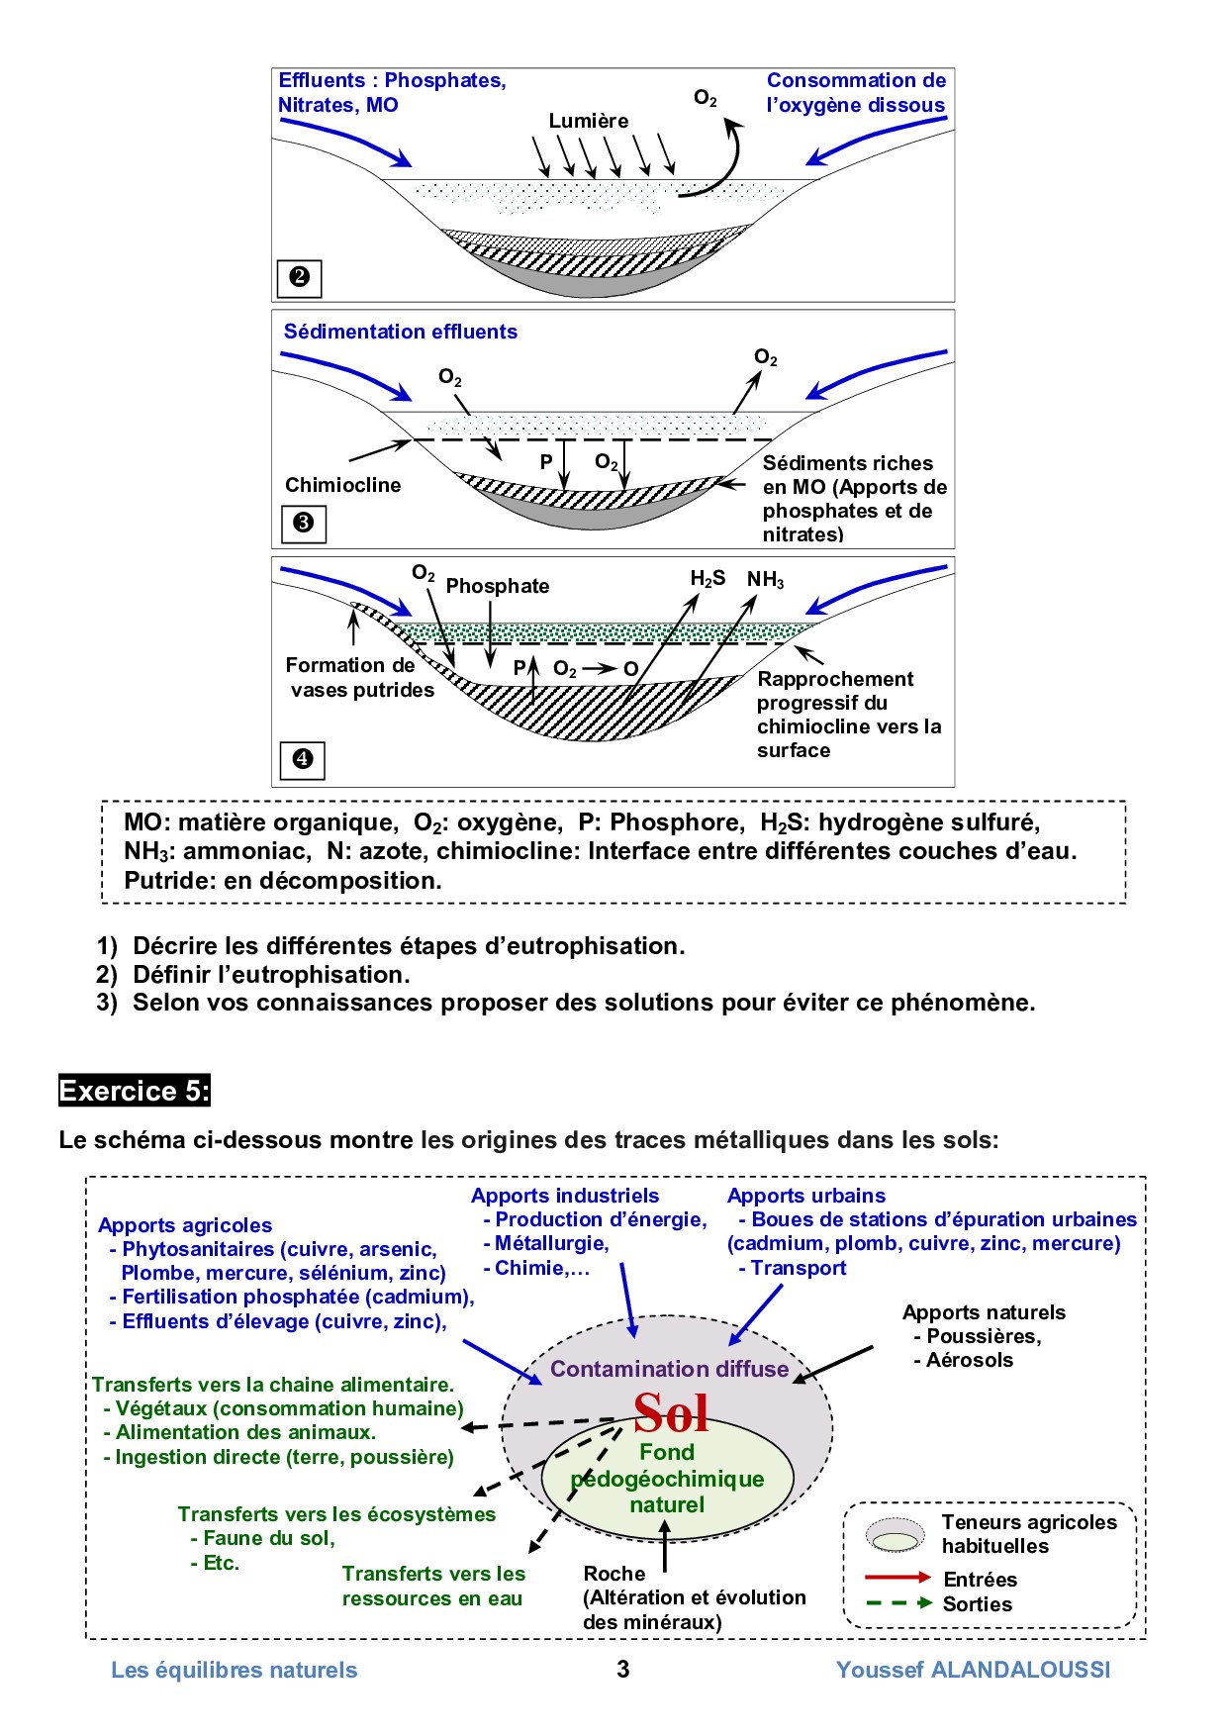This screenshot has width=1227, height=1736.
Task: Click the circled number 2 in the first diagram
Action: click(299, 278)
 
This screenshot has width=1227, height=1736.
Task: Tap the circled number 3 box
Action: click(304, 523)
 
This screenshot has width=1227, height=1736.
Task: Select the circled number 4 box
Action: click(303, 760)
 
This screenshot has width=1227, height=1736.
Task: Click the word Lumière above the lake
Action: click(589, 121)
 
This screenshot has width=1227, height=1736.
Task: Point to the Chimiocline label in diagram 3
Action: click(342, 485)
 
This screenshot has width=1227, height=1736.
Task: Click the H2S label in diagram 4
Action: click(708, 579)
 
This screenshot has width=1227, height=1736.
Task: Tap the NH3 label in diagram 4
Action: click(765, 580)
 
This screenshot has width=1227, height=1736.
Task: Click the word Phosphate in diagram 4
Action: click(497, 586)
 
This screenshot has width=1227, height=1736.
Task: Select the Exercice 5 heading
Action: click(135, 1091)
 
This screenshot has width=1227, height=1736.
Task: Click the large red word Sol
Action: click(671, 1412)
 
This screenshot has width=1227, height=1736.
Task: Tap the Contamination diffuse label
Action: click(669, 1369)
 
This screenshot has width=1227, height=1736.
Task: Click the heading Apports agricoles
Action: click(185, 1225)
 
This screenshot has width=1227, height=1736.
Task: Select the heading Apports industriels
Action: click(565, 1196)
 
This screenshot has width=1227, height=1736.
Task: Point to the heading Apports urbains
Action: click(806, 1196)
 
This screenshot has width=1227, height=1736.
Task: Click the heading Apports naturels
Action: click(984, 1312)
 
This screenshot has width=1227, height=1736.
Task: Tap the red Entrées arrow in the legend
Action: click(897, 1577)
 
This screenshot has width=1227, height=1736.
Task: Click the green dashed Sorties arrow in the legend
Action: click(897, 1603)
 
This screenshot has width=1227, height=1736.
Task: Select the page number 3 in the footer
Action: click(622, 1670)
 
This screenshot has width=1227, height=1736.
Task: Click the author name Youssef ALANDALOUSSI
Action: click(973, 1670)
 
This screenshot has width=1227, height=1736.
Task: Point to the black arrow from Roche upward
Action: click(665, 1544)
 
